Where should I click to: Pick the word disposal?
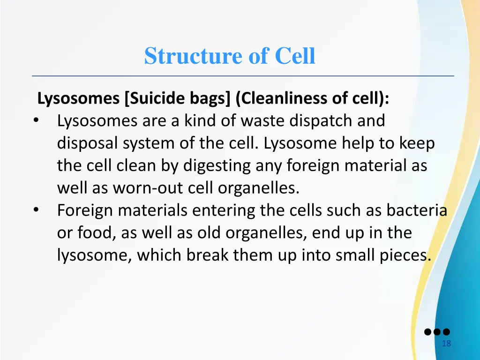[88, 143]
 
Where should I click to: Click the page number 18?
[446, 344]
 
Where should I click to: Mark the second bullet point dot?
[37, 210]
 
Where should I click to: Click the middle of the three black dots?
[437, 332]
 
